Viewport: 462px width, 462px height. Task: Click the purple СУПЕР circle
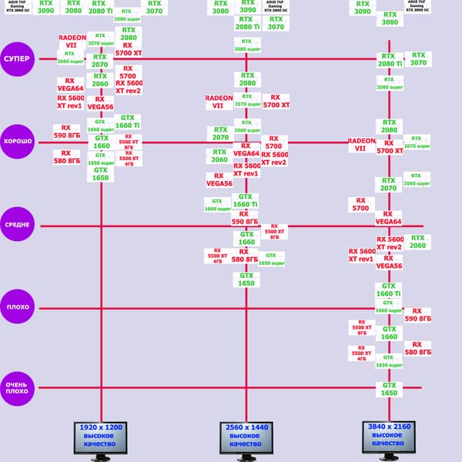[18, 59]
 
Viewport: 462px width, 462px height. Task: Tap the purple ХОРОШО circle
[18, 142]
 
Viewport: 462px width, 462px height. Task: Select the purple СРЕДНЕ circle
[18, 225]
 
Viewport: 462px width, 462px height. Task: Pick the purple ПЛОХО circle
[18, 307]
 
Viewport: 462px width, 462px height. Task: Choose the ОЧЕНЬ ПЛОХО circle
[18, 387]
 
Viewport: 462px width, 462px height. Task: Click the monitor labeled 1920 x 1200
[99, 437]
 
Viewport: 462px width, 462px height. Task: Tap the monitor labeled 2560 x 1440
[246, 437]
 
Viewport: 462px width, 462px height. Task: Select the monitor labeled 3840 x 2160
[388, 437]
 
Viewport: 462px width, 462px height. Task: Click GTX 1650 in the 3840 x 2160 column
[389, 389]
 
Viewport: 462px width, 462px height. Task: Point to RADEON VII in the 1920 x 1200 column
[71, 41]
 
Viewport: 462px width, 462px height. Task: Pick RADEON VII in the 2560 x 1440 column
[219, 102]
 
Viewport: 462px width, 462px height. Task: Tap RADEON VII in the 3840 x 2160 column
[361, 146]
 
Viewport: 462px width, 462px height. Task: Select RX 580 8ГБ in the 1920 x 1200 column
[67, 157]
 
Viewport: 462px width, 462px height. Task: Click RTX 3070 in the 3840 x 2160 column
[418, 59]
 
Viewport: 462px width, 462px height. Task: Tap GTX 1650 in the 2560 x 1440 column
[246, 279]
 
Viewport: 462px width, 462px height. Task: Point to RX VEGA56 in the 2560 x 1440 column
[219, 179]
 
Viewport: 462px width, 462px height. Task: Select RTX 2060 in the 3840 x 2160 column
[417, 242]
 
